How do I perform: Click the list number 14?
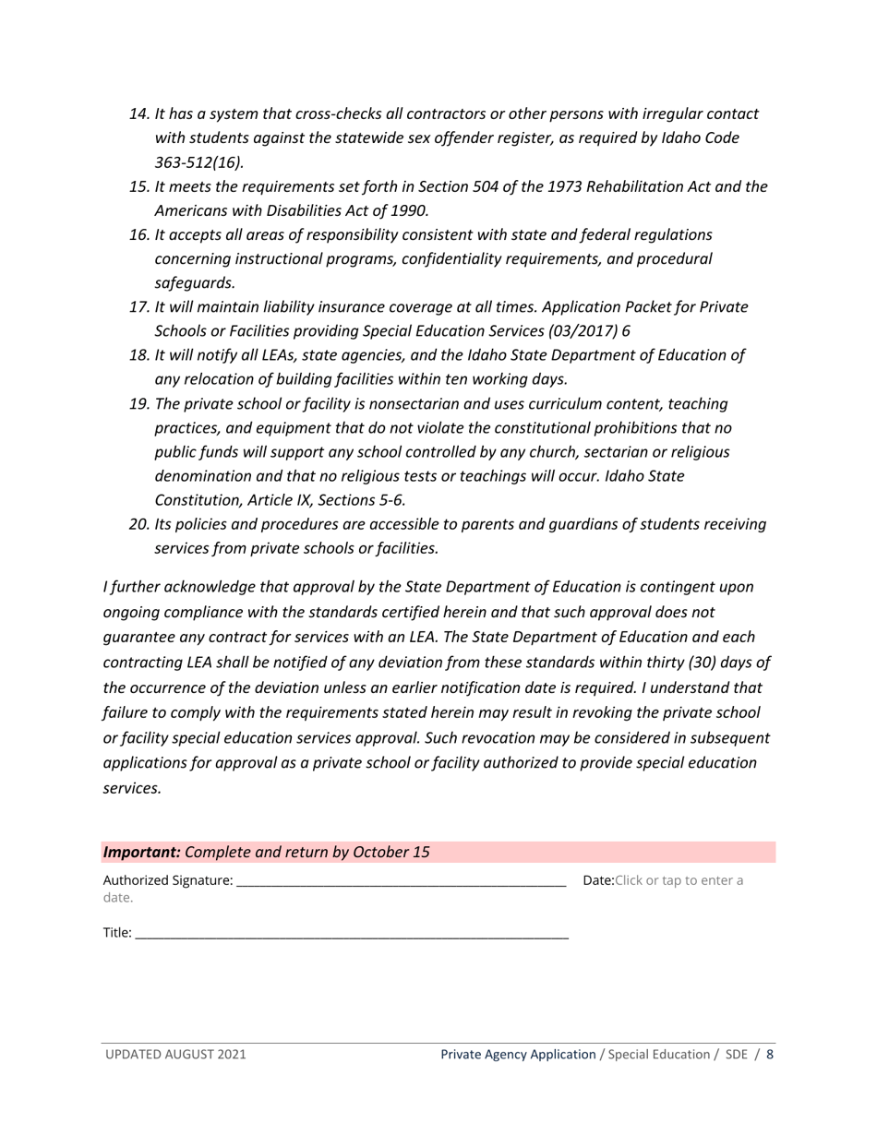pos(138,114)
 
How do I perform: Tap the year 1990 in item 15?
pos(409,210)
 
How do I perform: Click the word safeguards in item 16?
pos(195,283)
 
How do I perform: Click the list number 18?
pos(138,355)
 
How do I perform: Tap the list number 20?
pos(138,524)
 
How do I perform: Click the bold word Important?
pos(141,852)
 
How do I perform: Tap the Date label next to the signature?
pos(597,880)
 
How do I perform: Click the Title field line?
pos(351,934)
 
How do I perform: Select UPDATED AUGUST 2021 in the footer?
pos(175,1054)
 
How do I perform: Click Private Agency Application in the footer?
pos(518,1054)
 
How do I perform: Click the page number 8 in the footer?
pos(770,1054)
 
